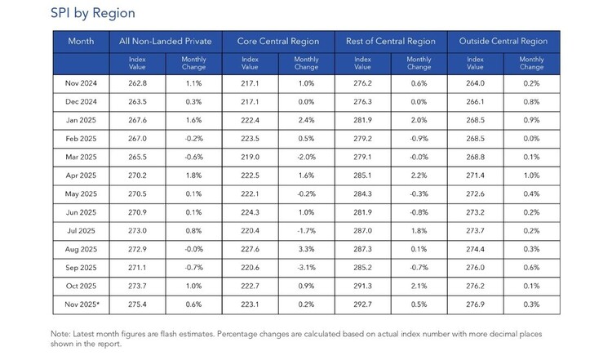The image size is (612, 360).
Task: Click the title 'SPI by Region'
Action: (93, 13)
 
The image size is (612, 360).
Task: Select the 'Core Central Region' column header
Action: (278, 41)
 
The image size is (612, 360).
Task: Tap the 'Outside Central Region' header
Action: (503, 41)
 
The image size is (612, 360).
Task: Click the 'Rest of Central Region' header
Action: (391, 41)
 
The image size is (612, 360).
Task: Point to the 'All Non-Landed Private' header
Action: (166, 41)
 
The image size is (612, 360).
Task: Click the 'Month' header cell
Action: (81, 41)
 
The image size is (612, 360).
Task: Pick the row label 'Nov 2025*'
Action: (82, 304)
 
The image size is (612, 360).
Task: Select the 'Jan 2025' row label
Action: (81, 120)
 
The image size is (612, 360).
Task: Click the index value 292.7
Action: (362, 304)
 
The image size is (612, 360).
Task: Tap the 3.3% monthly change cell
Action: (306, 249)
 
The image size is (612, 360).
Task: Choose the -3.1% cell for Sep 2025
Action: (306, 268)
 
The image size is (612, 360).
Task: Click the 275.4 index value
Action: (137, 304)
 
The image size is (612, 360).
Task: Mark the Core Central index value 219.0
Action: (250, 157)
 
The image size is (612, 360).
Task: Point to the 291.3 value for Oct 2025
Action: (362, 286)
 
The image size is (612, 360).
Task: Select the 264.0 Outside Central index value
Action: (475, 83)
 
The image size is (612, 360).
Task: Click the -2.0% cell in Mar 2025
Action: (306, 157)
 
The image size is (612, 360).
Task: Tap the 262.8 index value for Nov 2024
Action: (137, 83)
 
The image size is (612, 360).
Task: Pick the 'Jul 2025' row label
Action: (81, 231)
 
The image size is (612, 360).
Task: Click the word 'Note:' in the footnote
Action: (60, 334)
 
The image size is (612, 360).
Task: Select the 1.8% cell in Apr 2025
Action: (194, 176)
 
